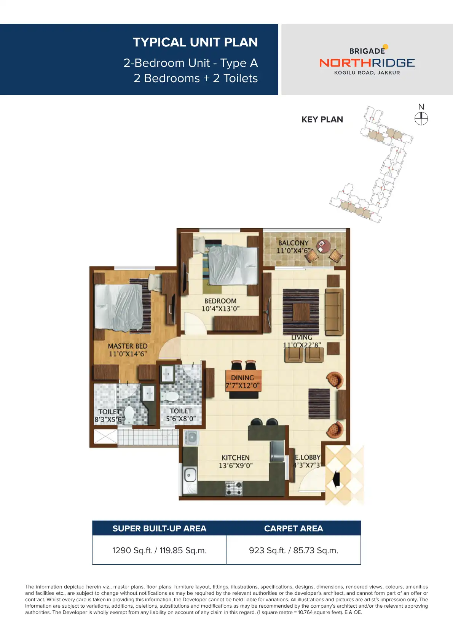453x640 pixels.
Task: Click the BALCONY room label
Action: [x=293, y=243]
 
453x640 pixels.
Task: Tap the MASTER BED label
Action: [x=128, y=346]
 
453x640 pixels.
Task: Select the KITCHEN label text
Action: [x=236, y=458]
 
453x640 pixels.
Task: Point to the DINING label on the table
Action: [x=242, y=378]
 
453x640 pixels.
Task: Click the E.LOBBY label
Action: [x=308, y=457]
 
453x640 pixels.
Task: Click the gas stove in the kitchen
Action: [x=234, y=488]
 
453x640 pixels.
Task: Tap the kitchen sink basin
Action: [x=190, y=475]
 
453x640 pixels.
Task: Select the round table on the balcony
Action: [x=324, y=245]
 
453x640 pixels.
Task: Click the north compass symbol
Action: [x=421, y=119]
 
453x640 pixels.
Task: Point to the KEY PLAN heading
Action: [x=322, y=120]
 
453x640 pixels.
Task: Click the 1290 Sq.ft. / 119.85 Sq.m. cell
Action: [x=159, y=550]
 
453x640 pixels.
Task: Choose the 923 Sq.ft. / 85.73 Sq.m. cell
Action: [x=293, y=550]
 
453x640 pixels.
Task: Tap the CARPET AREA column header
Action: [x=293, y=529]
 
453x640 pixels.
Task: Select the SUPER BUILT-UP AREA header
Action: [x=159, y=529]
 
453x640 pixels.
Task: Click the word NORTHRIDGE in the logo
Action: [x=367, y=63]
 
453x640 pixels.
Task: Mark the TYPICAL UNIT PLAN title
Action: [x=195, y=42]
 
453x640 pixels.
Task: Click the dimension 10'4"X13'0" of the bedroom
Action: [x=220, y=309]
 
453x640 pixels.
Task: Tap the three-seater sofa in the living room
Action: [x=334, y=311]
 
